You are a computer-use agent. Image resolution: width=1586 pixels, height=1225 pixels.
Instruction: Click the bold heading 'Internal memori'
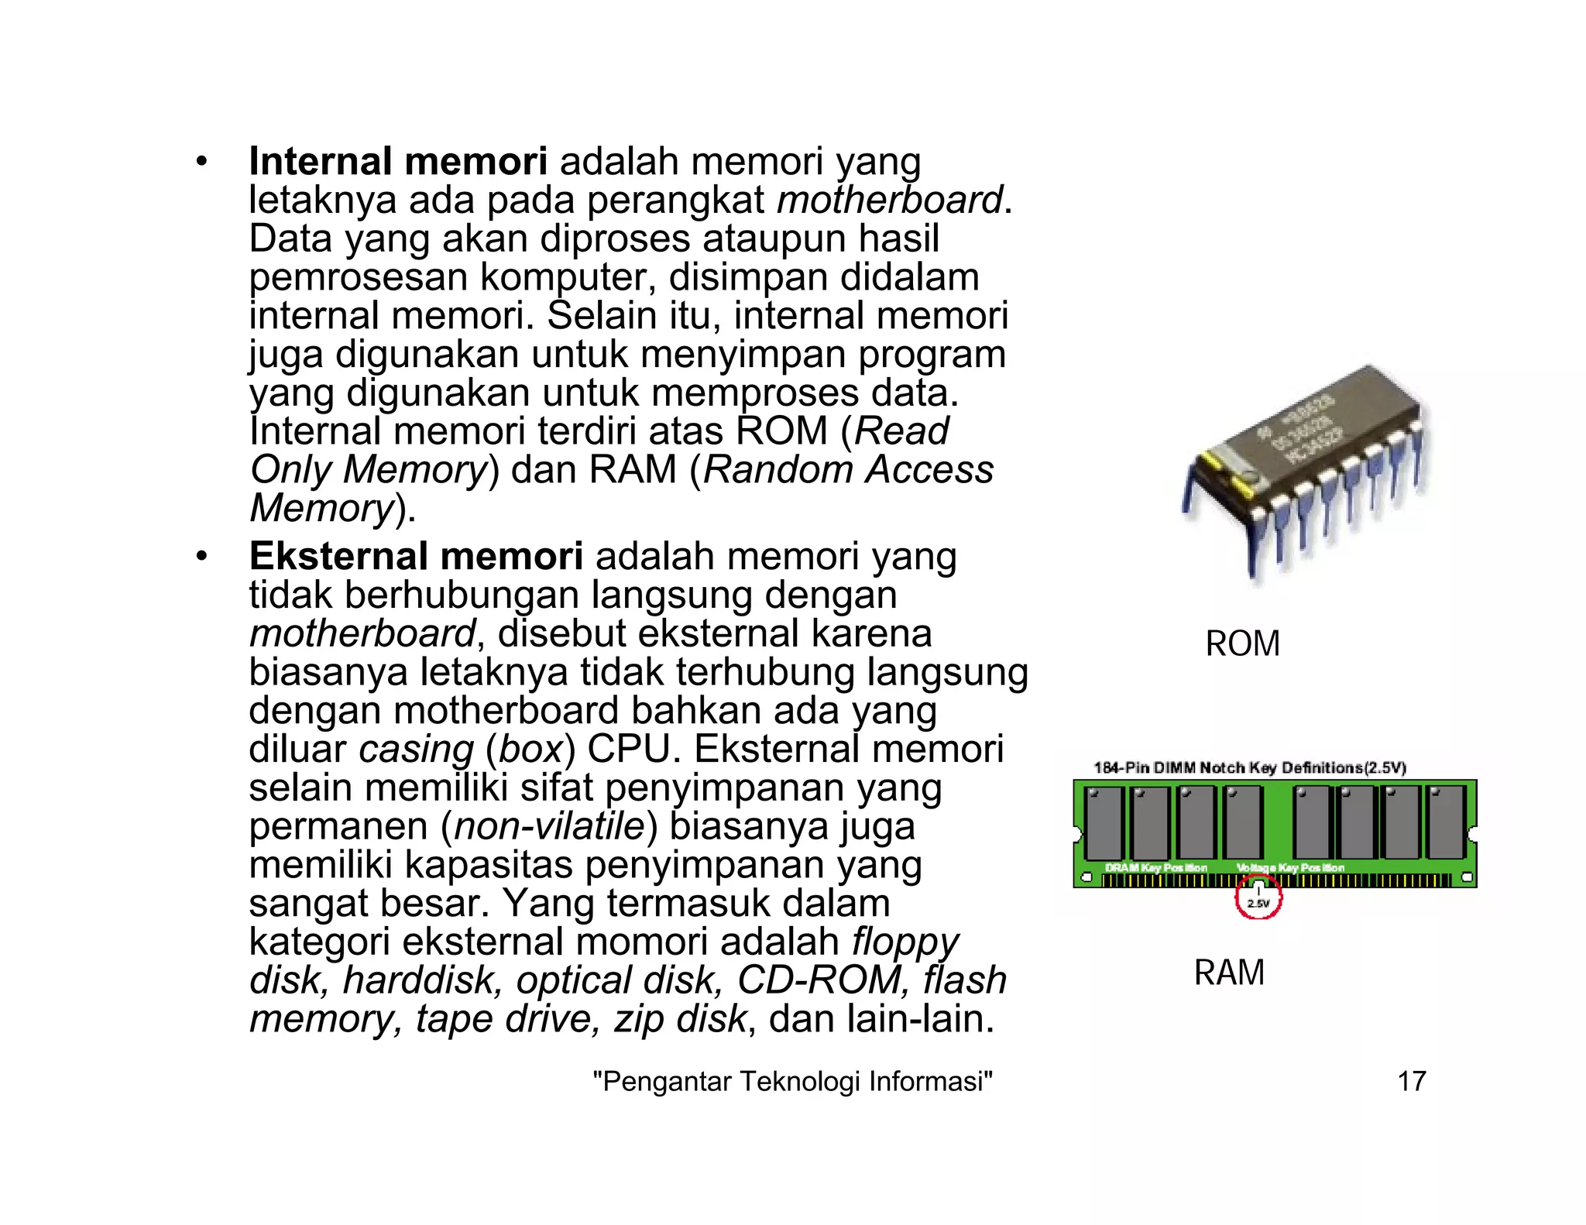click(x=397, y=162)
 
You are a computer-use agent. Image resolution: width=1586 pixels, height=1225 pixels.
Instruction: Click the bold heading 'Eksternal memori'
click(x=416, y=557)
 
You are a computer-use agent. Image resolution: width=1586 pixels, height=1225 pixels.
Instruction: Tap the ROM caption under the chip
click(x=1242, y=644)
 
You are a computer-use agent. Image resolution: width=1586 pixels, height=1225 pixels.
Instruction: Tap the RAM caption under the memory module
click(x=1229, y=973)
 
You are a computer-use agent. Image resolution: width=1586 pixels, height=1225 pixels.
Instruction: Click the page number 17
click(x=1411, y=1081)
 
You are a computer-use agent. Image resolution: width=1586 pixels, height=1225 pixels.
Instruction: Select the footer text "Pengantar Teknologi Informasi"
click(x=791, y=1081)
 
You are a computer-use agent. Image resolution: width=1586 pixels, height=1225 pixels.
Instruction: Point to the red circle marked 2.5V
click(x=1258, y=900)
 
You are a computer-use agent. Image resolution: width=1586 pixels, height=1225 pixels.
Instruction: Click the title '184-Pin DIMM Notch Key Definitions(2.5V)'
click(x=1249, y=767)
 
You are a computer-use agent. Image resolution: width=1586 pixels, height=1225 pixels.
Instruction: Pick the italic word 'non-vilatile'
click(x=550, y=826)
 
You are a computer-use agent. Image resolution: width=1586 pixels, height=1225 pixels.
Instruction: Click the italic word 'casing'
click(x=416, y=750)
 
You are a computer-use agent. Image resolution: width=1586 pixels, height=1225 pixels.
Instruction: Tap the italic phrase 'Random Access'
click(x=848, y=470)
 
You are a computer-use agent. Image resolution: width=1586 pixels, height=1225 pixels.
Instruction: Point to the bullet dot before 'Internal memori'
click(x=201, y=162)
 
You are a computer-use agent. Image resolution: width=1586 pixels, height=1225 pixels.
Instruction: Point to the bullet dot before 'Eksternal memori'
click(x=201, y=557)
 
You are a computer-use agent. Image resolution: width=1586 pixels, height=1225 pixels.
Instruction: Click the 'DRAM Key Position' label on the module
click(x=1155, y=867)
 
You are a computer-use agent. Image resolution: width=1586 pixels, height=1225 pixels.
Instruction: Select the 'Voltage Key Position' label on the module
click(x=1290, y=867)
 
